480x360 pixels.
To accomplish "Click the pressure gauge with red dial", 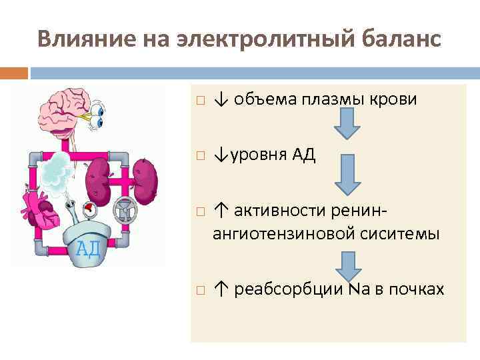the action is (89, 211).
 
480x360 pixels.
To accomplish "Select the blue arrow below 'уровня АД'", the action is (347, 176).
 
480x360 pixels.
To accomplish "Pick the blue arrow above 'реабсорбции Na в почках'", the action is (347, 265).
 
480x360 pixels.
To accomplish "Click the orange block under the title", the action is (14, 71).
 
